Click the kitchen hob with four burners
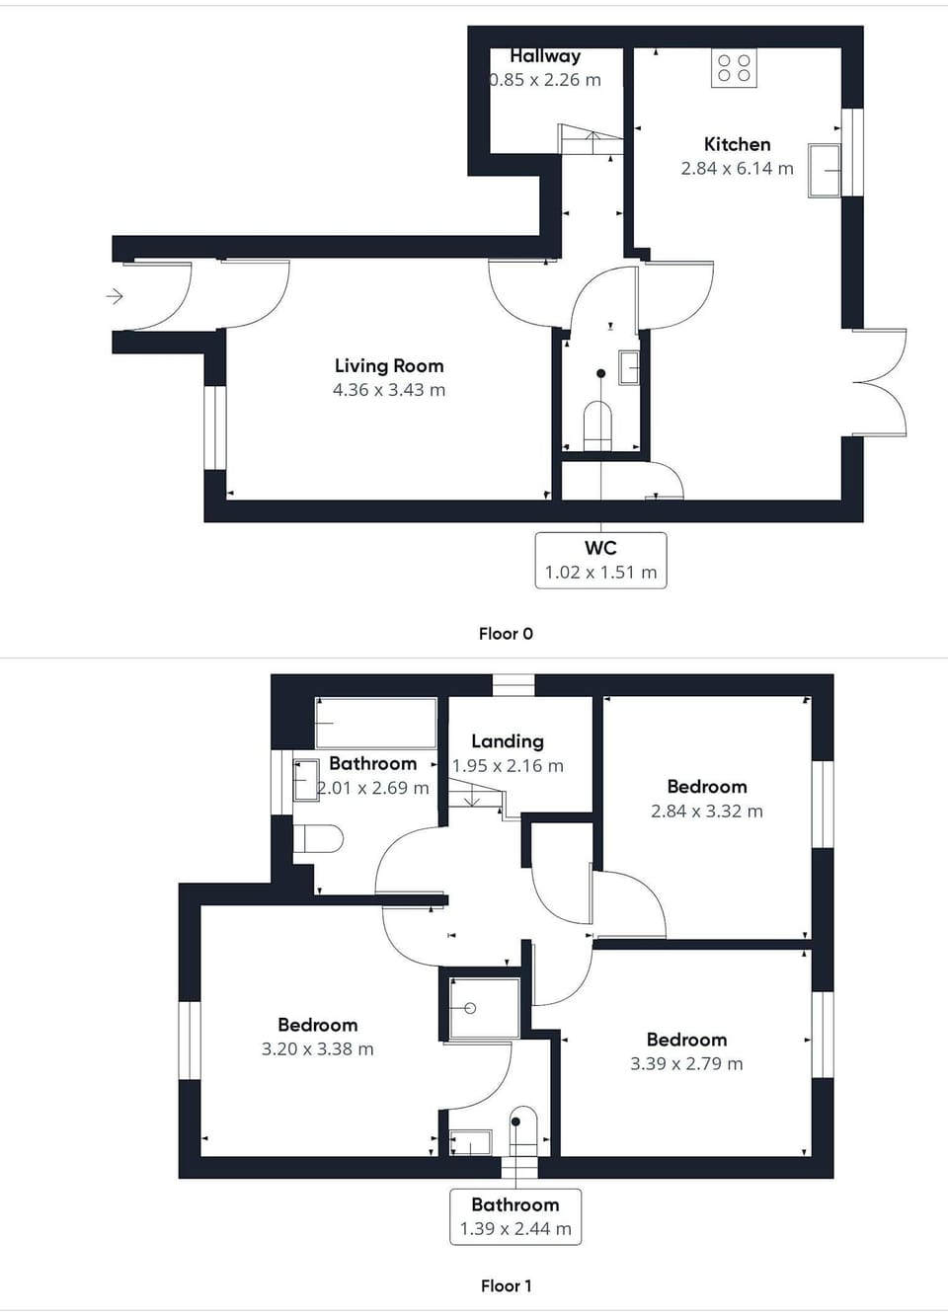734,68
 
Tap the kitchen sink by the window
824,170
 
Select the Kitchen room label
737,144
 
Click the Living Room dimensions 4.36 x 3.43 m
389,390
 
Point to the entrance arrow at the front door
115,295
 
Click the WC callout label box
600,560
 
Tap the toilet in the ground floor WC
598,424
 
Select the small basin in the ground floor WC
629,367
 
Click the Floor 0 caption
506,634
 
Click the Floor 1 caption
506,1285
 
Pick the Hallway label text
545,56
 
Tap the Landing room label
507,741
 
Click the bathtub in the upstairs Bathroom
375,724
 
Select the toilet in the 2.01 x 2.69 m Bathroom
319,839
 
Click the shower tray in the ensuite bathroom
484,1008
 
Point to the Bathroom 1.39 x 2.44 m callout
515,1216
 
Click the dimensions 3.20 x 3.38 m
317,1049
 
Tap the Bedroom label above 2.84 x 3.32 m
707,787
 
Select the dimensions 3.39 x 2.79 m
686,1063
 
